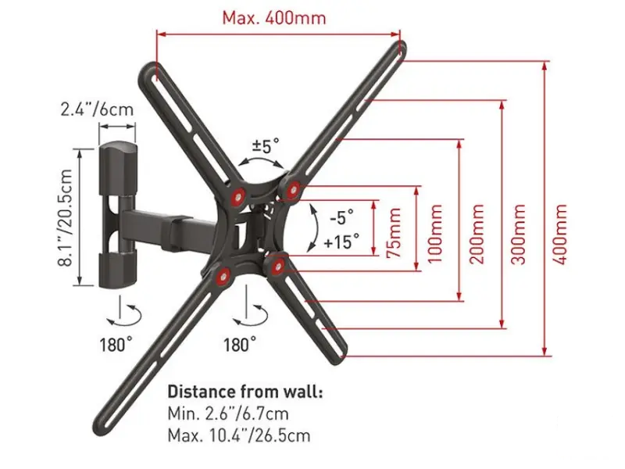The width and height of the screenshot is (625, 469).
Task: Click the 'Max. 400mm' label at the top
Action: point(274,18)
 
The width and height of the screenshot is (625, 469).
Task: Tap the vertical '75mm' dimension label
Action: point(394,232)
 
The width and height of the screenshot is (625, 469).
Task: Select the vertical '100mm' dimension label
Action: point(435,234)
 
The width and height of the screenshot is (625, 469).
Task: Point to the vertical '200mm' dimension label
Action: point(477,234)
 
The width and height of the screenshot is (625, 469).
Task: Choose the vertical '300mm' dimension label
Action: point(518,234)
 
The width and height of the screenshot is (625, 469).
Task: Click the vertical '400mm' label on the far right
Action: point(560,234)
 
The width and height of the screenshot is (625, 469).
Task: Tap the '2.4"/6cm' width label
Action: point(97,109)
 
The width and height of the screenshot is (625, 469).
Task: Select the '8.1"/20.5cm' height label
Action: point(66,218)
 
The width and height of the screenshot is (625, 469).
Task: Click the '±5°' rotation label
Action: point(265,146)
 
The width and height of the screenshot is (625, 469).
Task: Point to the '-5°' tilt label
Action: point(341,218)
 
